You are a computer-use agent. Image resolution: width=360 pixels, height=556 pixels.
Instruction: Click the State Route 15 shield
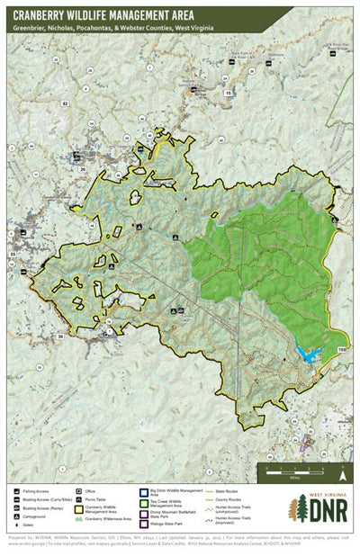pyautogui.click(x=228, y=93)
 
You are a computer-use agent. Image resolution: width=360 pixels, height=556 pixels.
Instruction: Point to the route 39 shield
pyautogui.click(x=61, y=336)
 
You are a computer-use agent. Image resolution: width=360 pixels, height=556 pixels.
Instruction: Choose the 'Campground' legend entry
pyautogui.click(x=36, y=519)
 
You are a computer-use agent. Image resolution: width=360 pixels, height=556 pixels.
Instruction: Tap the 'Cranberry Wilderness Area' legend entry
pyautogui.click(x=108, y=519)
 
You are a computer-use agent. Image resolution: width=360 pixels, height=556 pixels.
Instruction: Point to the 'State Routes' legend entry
pyautogui.click(x=229, y=491)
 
